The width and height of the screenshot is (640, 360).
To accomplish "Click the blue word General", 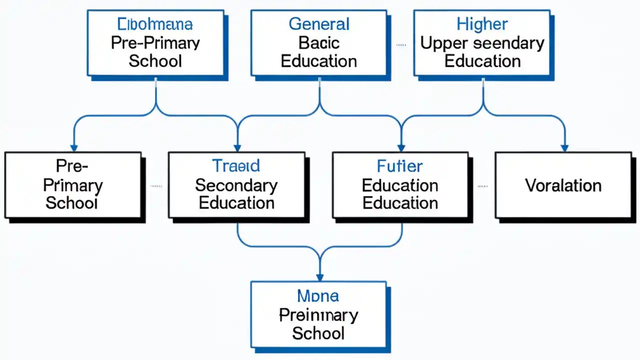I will tap(319, 24).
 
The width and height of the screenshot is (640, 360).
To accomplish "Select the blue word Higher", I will tap(482, 24).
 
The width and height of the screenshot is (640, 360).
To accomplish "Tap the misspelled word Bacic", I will tap(319, 43).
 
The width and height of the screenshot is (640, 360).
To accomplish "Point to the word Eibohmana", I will tap(155, 24).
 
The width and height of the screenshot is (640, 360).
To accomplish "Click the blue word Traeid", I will tap(236, 165).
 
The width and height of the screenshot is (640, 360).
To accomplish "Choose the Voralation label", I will tap(563, 185).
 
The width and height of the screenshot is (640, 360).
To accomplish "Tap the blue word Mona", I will tap(318, 295).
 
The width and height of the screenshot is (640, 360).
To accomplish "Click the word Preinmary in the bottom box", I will tap(318, 315).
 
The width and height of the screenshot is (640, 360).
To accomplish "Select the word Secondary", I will tap(236, 185).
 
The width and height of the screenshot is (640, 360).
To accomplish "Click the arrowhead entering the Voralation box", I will tap(564, 148).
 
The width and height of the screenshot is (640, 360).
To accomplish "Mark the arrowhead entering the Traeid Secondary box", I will tap(237, 148).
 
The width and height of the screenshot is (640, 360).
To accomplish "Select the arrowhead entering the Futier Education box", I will tap(400, 148).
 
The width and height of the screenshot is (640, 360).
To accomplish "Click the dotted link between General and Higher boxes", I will tap(401, 44).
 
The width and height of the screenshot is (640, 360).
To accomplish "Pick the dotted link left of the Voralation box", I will tap(482, 186).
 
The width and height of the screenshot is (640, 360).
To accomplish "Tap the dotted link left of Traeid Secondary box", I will tap(156, 186).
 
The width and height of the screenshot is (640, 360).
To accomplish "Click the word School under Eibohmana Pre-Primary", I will tap(155, 61).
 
